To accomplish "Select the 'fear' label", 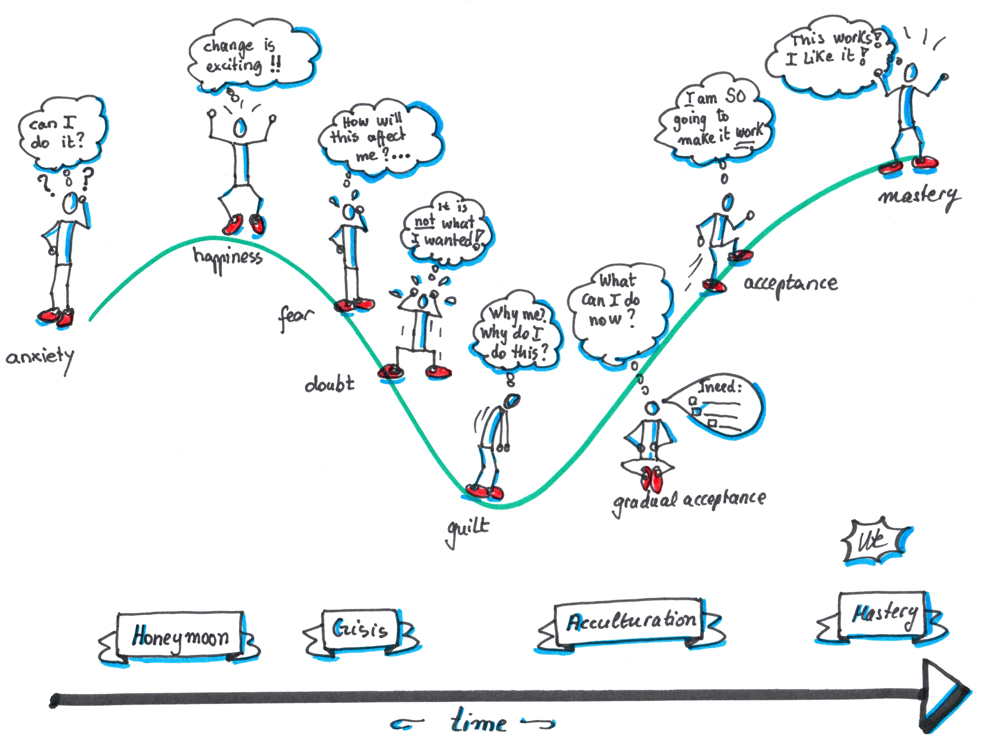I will pyautogui.click(x=295, y=317).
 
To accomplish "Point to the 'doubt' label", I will pyautogui.click(x=330, y=384).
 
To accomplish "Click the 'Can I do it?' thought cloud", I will pyautogui.click(x=60, y=133).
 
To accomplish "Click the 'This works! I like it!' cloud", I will pyautogui.click(x=828, y=56).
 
